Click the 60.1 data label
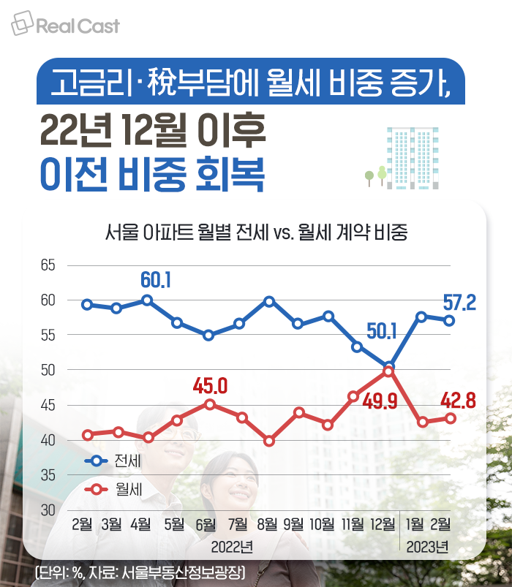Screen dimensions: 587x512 156,279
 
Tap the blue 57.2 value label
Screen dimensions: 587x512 460,302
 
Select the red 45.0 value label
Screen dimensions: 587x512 211,385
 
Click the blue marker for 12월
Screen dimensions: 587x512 388,367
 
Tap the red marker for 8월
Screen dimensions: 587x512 268,441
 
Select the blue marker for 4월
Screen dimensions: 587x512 147,300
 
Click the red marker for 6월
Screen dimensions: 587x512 209,404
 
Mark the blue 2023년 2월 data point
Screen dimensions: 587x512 450,320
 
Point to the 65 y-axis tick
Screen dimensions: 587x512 48,265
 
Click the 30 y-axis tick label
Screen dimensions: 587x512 48,510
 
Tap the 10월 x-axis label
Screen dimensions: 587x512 322,523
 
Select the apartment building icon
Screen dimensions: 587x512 410,158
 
